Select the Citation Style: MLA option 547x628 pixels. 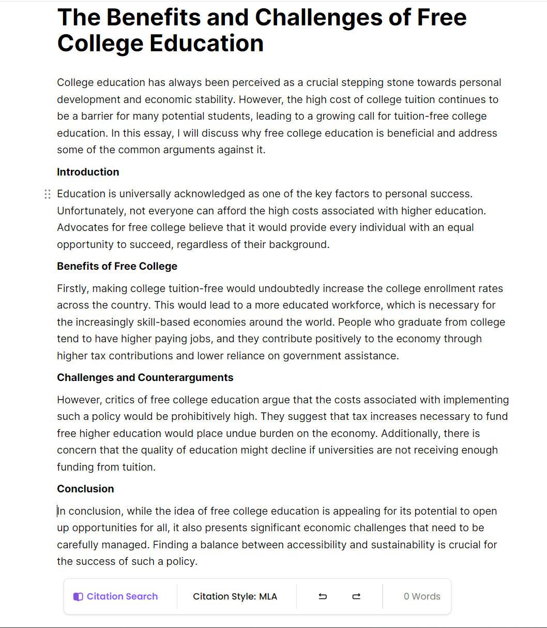point(235,596)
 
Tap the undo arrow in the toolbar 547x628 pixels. point(323,596)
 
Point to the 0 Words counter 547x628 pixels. point(422,596)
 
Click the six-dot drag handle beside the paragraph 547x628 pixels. point(48,194)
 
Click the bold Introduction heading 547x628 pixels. point(88,172)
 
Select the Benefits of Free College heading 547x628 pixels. point(117,266)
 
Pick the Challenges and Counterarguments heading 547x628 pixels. point(145,377)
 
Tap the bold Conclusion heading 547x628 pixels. point(85,489)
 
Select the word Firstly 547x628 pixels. point(72,288)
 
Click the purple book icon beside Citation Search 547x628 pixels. point(78,596)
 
